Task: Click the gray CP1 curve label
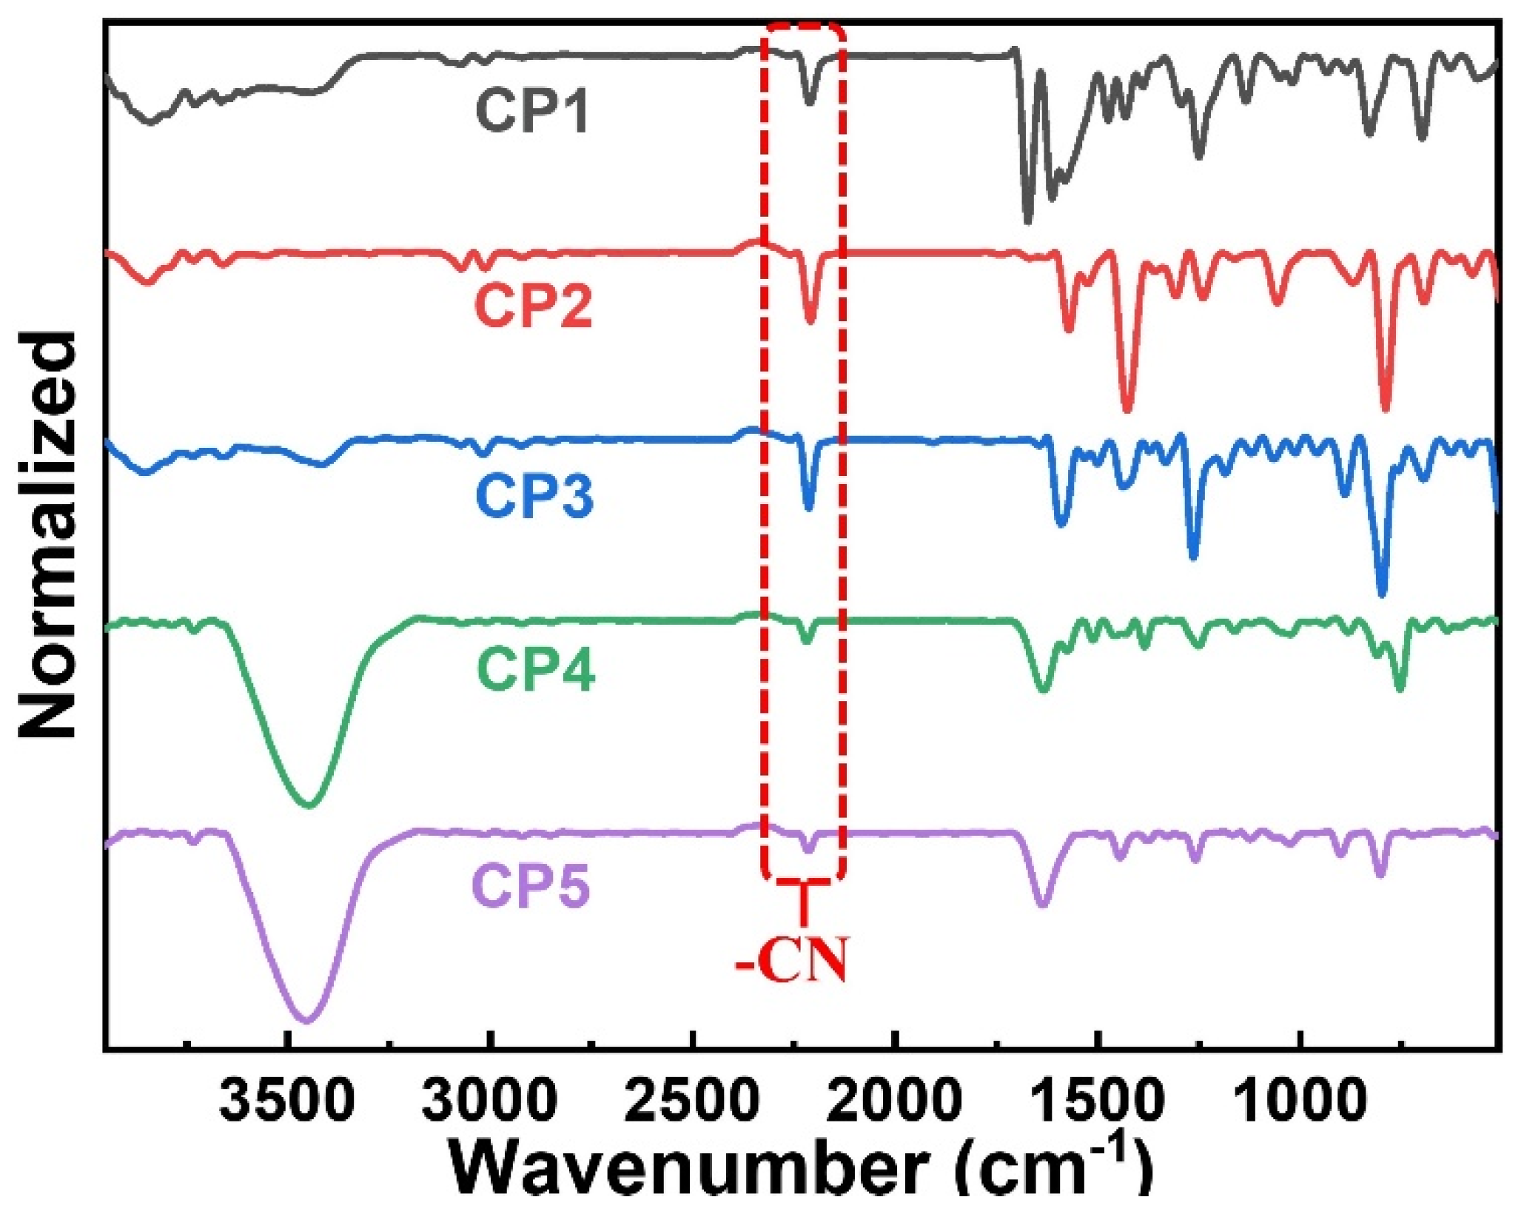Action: [x=532, y=110]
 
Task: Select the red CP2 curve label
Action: [x=534, y=306]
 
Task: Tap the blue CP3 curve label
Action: [x=534, y=494]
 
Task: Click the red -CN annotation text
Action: [x=790, y=961]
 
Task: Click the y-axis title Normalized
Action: [x=47, y=534]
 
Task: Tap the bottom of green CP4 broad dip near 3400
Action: [x=309, y=805]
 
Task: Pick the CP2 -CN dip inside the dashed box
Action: [x=810, y=320]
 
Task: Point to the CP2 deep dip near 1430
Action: [x=1127, y=409]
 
